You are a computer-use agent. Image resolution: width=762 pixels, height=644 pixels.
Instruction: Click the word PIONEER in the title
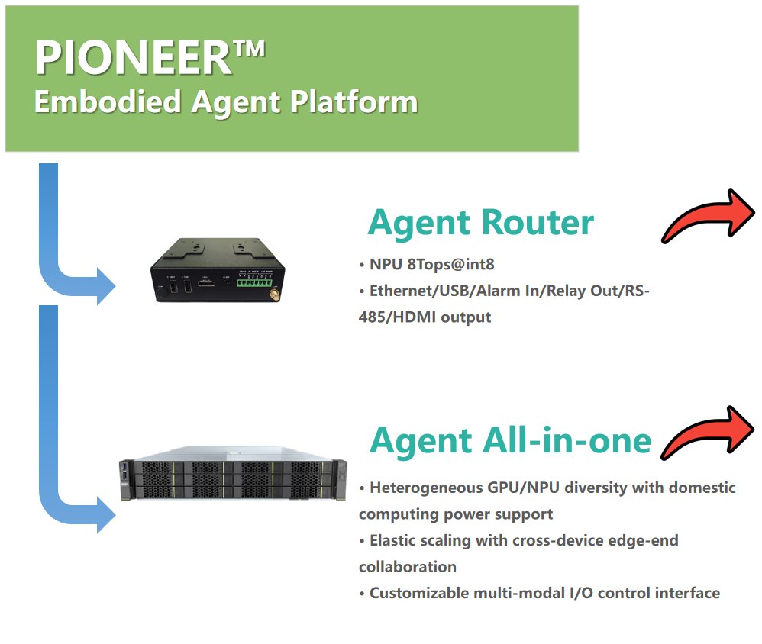tap(134, 57)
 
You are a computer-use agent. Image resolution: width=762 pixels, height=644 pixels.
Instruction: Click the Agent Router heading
tap(480, 222)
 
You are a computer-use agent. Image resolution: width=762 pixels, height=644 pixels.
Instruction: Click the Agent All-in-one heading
tap(510, 440)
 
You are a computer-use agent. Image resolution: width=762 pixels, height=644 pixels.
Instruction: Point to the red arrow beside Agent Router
tap(707, 217)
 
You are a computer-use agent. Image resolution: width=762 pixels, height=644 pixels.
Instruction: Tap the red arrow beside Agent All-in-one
tap(707, 434)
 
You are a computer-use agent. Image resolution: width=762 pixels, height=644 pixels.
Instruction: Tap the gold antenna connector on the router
tap(270, 293)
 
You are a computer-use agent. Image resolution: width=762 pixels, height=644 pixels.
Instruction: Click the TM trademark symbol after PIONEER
tap(249, 49)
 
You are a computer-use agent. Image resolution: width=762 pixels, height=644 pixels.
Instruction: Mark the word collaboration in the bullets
tap(408, 567)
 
